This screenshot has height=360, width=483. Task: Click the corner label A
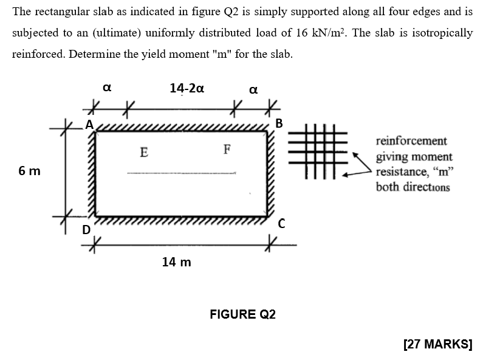tap(89, 124)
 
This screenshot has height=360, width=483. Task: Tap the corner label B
tap(279, 123)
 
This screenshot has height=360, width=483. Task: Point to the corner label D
tap(86, 230)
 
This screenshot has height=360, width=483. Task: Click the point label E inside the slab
tap(143, 151)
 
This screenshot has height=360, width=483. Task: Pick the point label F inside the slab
tap(227, 148)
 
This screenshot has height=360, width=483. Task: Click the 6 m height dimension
tap(29, 171)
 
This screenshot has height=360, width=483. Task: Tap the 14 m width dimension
tap(176, 262)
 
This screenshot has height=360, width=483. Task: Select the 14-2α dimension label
tap(187, 88)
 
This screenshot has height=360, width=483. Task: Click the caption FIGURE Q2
tap(242, 314)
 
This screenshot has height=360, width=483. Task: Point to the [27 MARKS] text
tap(437, 344)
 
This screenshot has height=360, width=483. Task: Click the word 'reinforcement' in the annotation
tap(411, 140)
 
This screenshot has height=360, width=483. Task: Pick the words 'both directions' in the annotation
tap(413, 187)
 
